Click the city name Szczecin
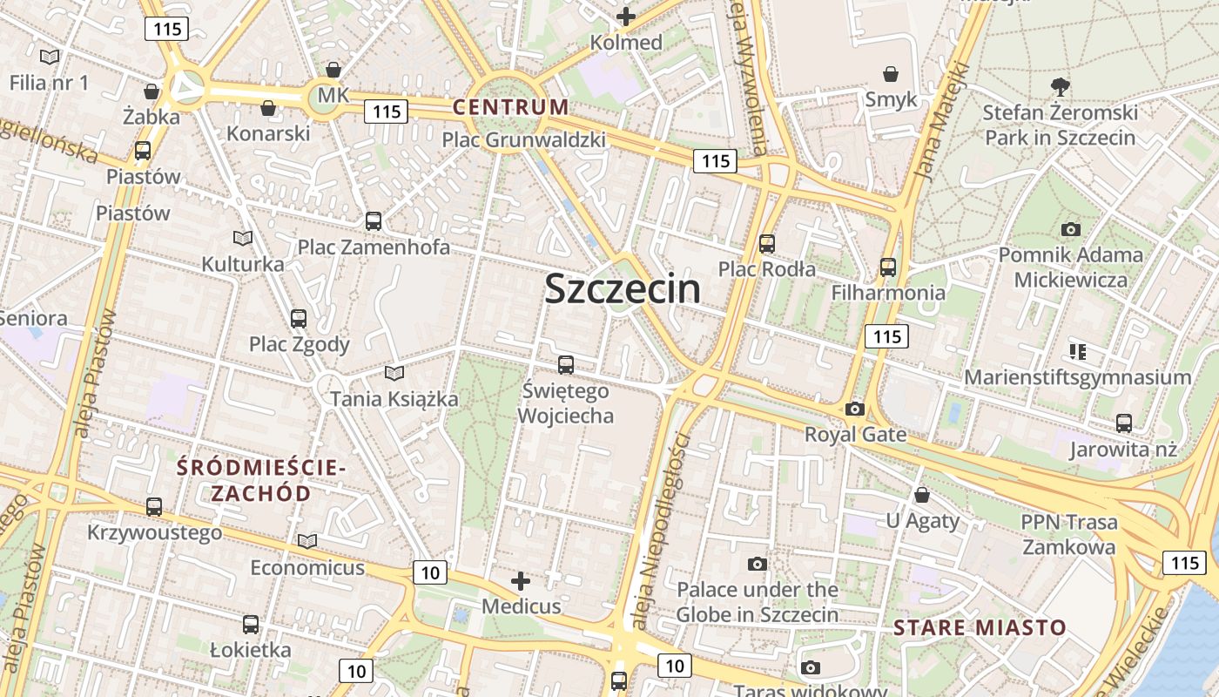pyautogui.click(x=623, y=289)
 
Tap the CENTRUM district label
pyautogui.click(x=510, y=108)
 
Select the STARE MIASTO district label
pyautogui.click(x=980, y=627)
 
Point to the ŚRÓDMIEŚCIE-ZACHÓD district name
pyautogui.click(x=261, y=480)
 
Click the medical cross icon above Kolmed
pyautogui.click(x=626, y=16)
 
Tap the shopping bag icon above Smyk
pyautogui.click(x=891, y=74)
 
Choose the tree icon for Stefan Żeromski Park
pyautogui.click(x=1060, y=86)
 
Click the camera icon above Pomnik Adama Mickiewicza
pyautogui.click(x=1071, y=229)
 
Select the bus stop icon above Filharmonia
pyautogui.click(x=888, y=267)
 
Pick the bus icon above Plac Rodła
pyautogui.click(x=767, y=244)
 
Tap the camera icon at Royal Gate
pyautogui.click(x=855, y=409)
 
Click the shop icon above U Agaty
pyautogui.click(x=922, y=496)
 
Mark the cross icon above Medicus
pyautogui.click(x=521, y=580)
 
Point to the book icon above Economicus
pyautogui.click(x=306, y=542)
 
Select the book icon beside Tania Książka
pyautogui.click(x=394, y=373)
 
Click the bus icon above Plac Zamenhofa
pyautogui.click(x=374, y=221)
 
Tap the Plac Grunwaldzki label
pyautogui.click(x=523, y=139)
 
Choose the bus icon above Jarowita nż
pyautogui.click(x=1124, y=423)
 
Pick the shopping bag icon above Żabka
pyautogui.click(x=152, y=91)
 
